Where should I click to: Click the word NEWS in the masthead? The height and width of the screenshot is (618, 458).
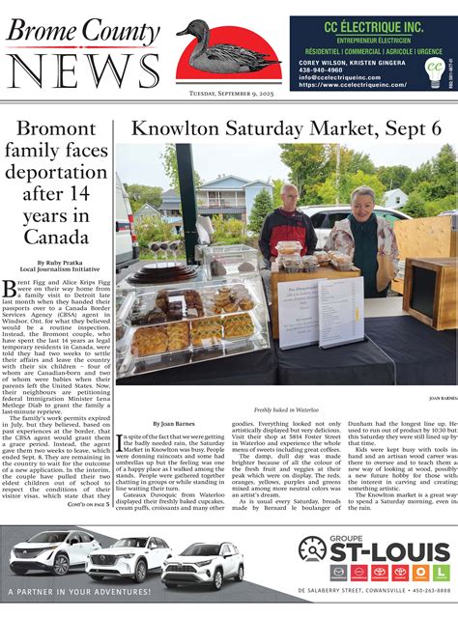[x=72, y=69]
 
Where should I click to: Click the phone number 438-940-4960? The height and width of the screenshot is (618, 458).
[x=319, y=69]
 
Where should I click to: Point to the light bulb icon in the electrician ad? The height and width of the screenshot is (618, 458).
[x=435, y=69]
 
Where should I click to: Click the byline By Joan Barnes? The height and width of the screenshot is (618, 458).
[x=175, y=424]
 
